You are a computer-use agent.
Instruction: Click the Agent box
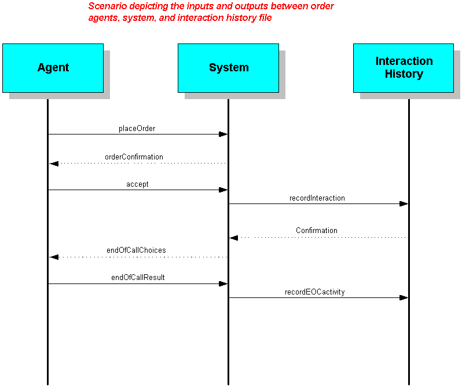(53, 68)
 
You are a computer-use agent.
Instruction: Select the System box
(228, 68)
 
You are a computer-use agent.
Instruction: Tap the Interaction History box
(404, 68)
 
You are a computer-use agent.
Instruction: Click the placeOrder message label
(137, 129)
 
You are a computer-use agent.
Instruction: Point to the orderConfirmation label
(134, 157)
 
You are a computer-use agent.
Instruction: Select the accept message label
(137, 184)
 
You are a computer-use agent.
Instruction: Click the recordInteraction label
(317, 198)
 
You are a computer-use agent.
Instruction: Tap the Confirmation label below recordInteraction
(317, 231)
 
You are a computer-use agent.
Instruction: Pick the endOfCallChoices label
(136, 250)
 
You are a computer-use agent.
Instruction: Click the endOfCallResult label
(138, 278)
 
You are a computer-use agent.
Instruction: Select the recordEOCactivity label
(315, 292)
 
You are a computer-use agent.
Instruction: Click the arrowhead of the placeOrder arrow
(223, 134)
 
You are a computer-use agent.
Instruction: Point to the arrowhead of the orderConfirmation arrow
(54, 163)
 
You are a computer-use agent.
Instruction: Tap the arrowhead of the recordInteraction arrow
(404, 203)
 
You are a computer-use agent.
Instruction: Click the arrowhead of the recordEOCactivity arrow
(404, 298)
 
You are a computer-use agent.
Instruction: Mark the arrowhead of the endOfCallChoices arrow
(54, 257)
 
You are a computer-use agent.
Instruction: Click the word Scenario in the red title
(108, 6)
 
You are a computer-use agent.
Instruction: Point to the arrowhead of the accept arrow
(223, 190)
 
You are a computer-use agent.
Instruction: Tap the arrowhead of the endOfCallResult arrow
(223, 284)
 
